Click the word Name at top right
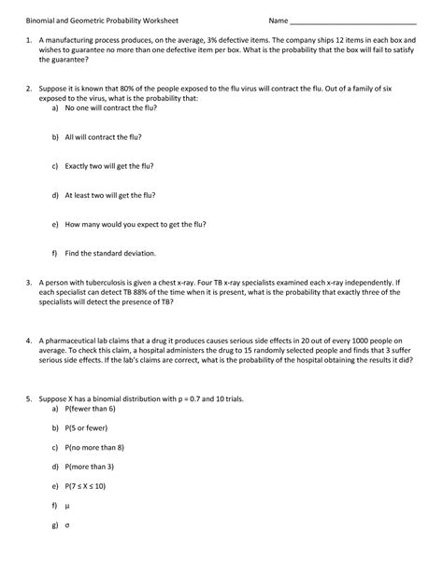(279, 21)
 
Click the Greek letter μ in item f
(67, 506)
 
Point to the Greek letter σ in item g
(67, 524)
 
